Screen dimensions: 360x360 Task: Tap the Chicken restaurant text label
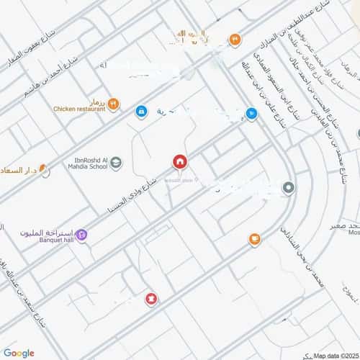click(78, 109)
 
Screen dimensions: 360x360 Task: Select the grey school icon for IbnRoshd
click(116, 163)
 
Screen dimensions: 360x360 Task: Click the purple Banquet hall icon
click(82, 233)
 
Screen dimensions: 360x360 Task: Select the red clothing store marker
click(150, 298)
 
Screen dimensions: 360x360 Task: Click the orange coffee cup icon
click(254, 239)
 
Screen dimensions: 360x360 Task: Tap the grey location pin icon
click(289, 189)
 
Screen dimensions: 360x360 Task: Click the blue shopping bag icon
click(141, 112)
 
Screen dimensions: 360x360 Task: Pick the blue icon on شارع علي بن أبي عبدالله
click(251, 113)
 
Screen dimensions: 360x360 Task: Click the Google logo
click(19, 353)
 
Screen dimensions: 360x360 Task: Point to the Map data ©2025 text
click(336, 354)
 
